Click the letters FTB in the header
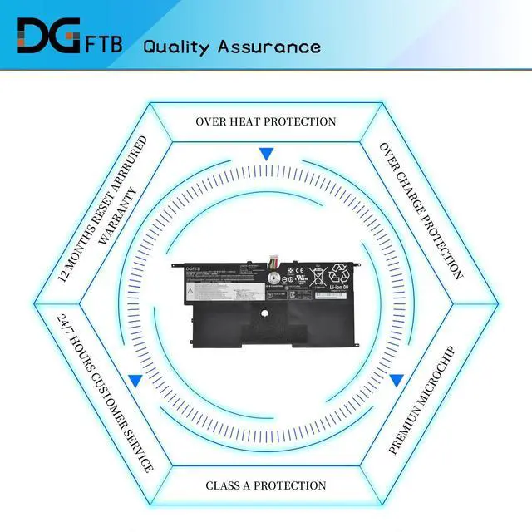104,44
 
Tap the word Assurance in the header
273,46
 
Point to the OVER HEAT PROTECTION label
266,121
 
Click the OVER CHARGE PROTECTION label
421,210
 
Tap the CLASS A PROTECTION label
266,485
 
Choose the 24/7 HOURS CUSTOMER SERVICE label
106,392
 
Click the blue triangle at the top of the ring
266,154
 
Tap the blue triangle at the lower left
135,380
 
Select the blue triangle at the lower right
397,380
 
